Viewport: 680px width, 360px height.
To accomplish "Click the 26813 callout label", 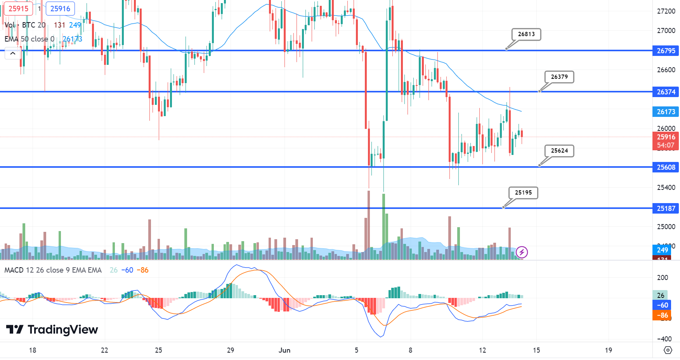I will (x=526, y=34).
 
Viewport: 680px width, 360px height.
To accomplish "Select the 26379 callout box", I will (x=559, y=77).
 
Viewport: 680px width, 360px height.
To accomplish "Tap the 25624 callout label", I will (x=559, y=151).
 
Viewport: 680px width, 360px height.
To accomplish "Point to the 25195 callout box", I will (x=523, y=193).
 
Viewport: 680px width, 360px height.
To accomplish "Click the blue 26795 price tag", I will (x=666, y=51).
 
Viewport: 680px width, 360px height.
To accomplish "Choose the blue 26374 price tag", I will (x=666, y=92).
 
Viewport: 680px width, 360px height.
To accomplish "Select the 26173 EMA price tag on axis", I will (x=666, y=112).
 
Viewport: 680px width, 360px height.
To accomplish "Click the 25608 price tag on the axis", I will (x=666, y=167).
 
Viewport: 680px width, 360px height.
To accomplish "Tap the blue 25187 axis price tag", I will (x=666, y=209).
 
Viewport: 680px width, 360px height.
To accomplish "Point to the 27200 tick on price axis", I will (x=666, y=11).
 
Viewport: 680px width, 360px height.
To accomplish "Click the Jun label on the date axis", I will (x=284, y=350).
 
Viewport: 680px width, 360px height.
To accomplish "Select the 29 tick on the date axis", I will (x=231, y=350).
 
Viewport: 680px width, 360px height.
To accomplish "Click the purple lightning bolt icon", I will (x=522, y=252).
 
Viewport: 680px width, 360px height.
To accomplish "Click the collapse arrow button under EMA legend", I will (x=13, y=53).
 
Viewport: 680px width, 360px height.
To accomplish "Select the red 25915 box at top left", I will (x=18, y=9).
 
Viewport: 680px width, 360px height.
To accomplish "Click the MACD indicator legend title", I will (x=53, y=270).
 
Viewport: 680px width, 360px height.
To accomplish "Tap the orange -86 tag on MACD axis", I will (x=662, y=315).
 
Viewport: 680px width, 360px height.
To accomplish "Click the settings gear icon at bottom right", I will (x=668, y=350).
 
